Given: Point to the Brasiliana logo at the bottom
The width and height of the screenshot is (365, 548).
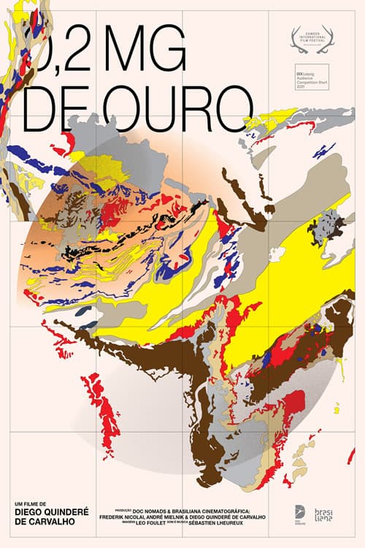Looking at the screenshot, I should [x=323, y=515].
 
